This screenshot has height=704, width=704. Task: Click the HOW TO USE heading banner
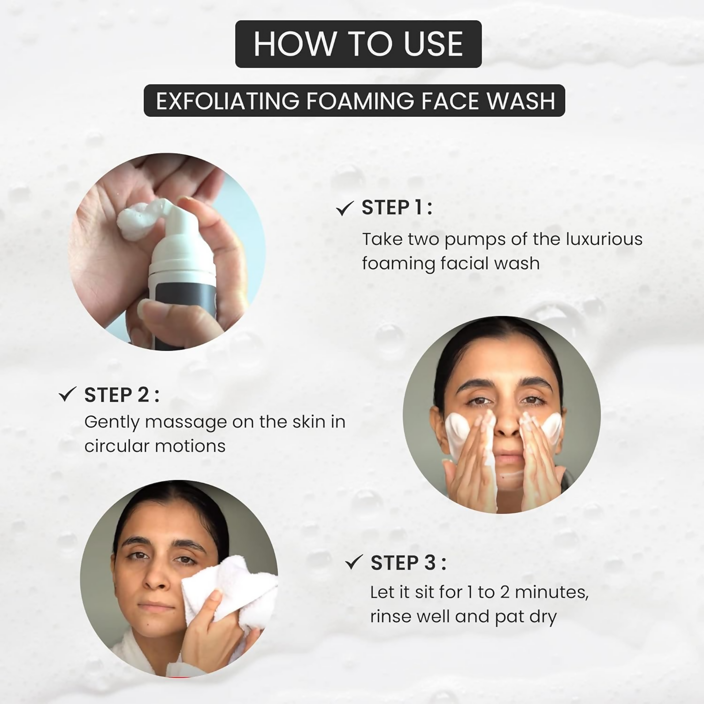click(x=358, y=44)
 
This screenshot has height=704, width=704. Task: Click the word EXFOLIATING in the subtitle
click(x=227, y=101)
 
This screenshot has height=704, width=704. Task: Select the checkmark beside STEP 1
click(x=344, y=208)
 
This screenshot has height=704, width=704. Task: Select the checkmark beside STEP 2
click(x=68, y=394)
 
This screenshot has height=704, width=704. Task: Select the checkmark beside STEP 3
click(x=354, y=562)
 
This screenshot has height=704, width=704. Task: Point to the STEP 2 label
click(x=121, y=395)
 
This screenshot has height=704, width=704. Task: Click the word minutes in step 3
click(x=551, y=592)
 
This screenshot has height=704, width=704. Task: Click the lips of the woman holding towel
click(x=156, y=605)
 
